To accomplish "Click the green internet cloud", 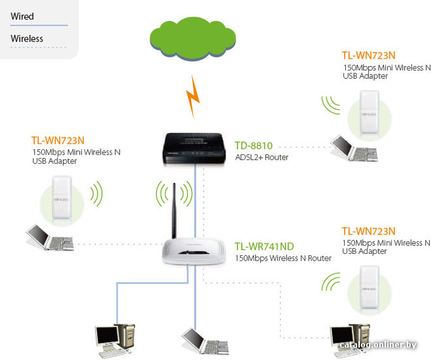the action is pyautogui.click(x=193, y=39).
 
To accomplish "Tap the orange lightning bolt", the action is pyautogui.click(x=193, y=96).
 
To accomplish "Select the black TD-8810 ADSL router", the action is pyautogui.click(x=194, y=149).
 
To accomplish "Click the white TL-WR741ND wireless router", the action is pyautogui.click(x=194, y=251).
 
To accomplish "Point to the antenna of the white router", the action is pyautogui.click(x=174, y=211).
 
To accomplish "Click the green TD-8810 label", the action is pyautogui.click(x=253, y=145).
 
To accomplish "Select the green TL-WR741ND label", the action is pyautogui.click(x=264, y=246).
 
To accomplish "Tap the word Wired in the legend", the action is pyautogui.click(x=22, y=16).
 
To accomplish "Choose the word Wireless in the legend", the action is pyautogui.click(x=27, y=39).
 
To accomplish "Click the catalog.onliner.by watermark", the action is pyautogui.click(x=378, y=344).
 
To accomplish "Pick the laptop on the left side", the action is pyautogui.click(x=50, y=238).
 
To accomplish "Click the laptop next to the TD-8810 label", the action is pyautogui.click(x=354, y=148).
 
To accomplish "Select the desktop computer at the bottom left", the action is pyautogui.click(x=115, y=341).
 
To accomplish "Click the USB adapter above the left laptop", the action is pyautogui.click(x=62, y=198).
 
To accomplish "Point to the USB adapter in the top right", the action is pyautogui.click(x=370, y=112).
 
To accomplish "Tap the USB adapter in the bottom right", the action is pyautogui.click(x=370, y=287).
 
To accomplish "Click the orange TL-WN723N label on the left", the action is pyautogui.click(x=58, y=141).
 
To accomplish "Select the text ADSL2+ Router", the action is pyautogui.click(x=262, y=157).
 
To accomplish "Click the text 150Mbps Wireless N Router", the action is pyautogui.click(x=283, y=259).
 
